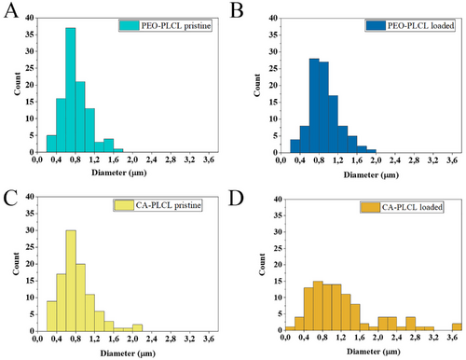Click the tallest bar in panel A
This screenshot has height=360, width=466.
pos(71,90)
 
